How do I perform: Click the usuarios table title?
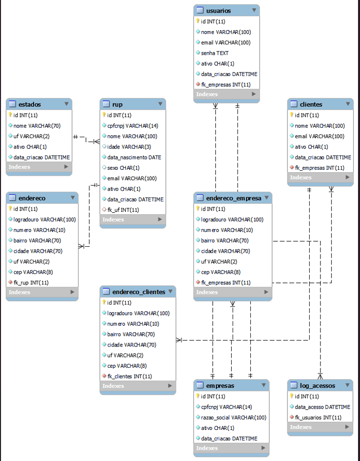click(218, 10)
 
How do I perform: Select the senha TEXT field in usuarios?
click(214, 53)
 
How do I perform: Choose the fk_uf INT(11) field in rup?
click(123, 210)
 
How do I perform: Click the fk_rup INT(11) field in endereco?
click(31, 283)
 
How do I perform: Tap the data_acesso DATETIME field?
click(322, 407)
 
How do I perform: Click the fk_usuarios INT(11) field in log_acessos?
click(318, 418)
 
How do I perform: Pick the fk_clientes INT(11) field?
click(129, 376)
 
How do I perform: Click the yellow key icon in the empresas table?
click(198, 396)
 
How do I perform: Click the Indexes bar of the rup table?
click(132, 220)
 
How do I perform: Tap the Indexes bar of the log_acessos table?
click(320, 427)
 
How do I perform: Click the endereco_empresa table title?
click(234, 198)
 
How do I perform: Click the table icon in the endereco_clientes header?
click(106, 292)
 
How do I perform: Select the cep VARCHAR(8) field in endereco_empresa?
click(220, 272)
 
